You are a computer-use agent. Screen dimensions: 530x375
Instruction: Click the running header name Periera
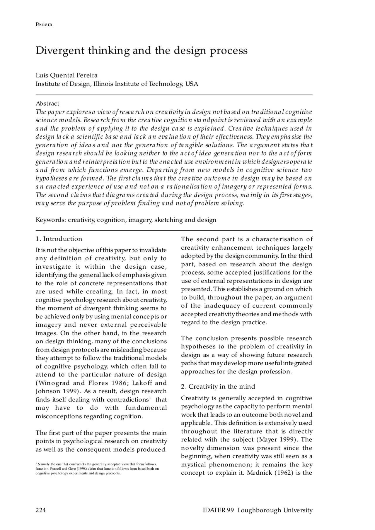[44, 25]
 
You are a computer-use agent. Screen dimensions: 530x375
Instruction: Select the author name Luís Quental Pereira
[67, 76]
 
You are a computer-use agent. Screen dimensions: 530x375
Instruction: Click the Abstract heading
[47, 104]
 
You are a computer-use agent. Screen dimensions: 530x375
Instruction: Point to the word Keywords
[50, 220]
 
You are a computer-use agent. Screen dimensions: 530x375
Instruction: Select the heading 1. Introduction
[59, 239]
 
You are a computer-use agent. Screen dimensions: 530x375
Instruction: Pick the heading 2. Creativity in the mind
[218, 387]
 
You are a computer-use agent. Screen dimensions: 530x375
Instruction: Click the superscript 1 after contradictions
[150, 398]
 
